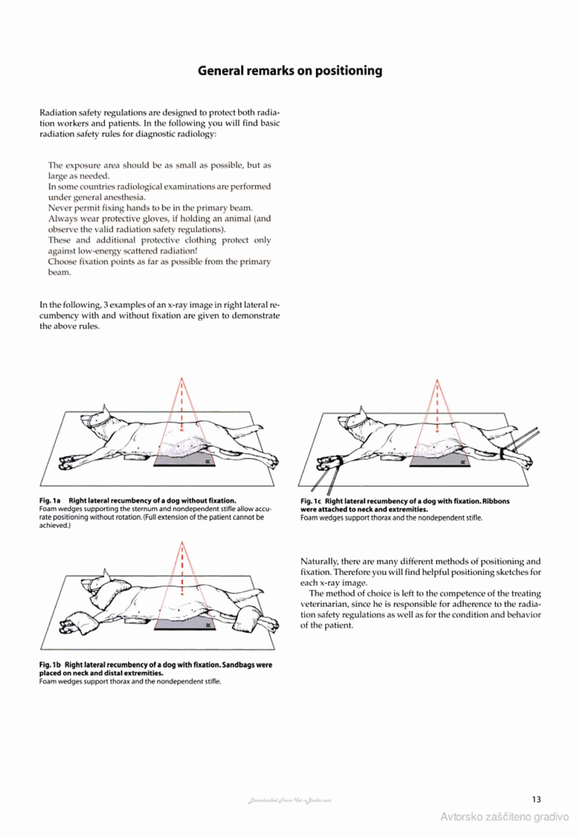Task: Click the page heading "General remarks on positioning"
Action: click(x=290, y=71)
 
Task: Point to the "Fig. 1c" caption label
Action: click(x=310, y=501)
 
